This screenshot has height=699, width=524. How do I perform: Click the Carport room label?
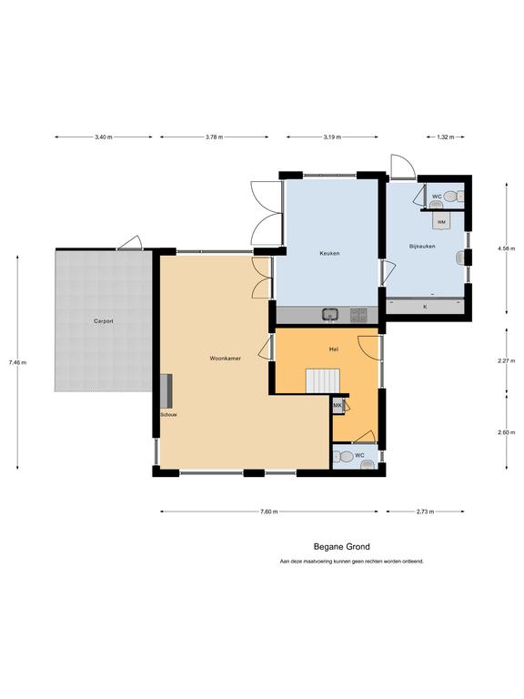click(104, 321)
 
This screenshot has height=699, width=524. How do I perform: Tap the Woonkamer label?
click(226, 358)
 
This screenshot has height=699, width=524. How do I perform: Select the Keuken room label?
click(329, 253)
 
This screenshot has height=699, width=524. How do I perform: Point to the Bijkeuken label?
click(422, 246)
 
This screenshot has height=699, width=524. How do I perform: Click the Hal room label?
click(333, 349)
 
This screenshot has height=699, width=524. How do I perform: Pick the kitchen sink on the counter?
click(330, 315)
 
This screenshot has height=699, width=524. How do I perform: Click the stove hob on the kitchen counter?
click(358, 315)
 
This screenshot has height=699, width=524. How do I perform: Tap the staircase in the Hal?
click(323, 380)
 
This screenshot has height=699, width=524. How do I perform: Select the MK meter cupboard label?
click(338, 405)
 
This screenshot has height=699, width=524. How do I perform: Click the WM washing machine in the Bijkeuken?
click(441, 220)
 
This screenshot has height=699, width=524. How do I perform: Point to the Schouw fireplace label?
click(169, 415)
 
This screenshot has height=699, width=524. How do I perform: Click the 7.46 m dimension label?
click(17, 362)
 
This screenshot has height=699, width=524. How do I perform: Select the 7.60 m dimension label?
click(269, 512)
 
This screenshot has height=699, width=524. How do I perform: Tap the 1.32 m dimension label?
click(446, 137)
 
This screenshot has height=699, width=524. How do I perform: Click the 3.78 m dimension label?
click(215, 137)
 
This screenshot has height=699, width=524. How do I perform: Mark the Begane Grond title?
click(342, 546)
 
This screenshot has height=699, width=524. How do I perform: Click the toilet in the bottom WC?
click(343, 457)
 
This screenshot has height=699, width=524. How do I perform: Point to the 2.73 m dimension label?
click(425, 512)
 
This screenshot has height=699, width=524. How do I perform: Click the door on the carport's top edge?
click(130, 243)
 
